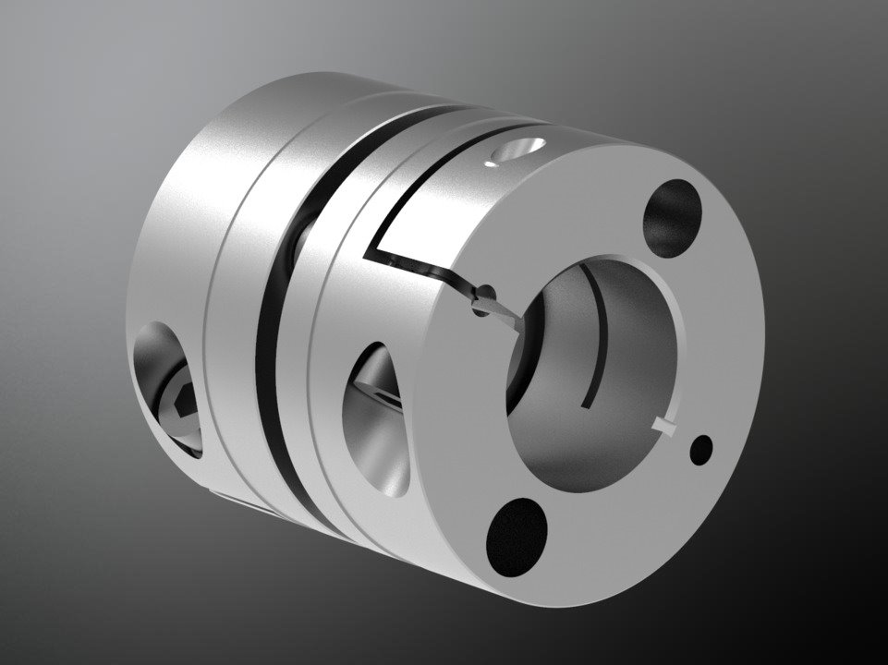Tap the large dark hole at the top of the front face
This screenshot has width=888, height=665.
tap(670, 218)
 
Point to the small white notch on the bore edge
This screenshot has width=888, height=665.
tap(663, 425)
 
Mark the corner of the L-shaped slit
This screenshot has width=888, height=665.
tap(371, 252)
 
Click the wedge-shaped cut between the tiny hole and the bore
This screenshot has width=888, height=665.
tap(504, 319)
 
